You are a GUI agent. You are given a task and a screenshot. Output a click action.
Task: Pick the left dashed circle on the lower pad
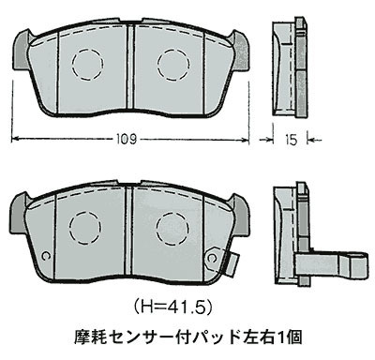pyautogui.click(x=85, y=224)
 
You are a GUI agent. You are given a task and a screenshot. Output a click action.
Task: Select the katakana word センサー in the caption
pyautogui.click(x=138, y=335)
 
